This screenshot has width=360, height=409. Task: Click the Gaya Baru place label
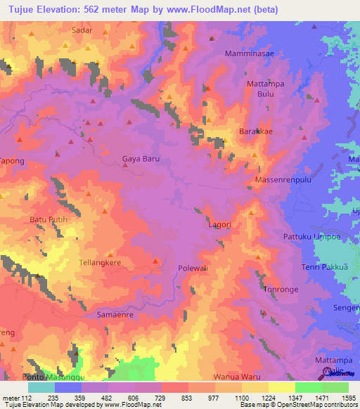[141, 159]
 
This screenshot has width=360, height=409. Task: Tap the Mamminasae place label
[250, 53]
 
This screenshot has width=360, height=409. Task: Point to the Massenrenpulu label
[286, 181]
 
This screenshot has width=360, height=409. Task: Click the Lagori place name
[220, 225]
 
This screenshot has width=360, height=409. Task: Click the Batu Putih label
[48, 220]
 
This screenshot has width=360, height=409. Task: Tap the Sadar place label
[82, 31]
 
